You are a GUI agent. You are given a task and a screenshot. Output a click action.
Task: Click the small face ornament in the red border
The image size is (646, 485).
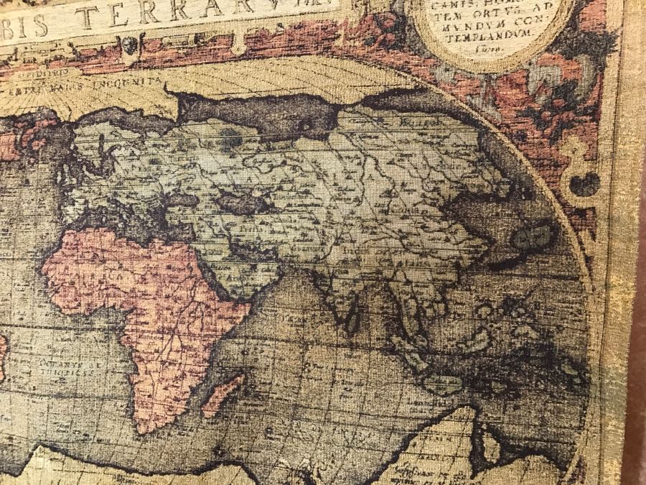tap(129, 45)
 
